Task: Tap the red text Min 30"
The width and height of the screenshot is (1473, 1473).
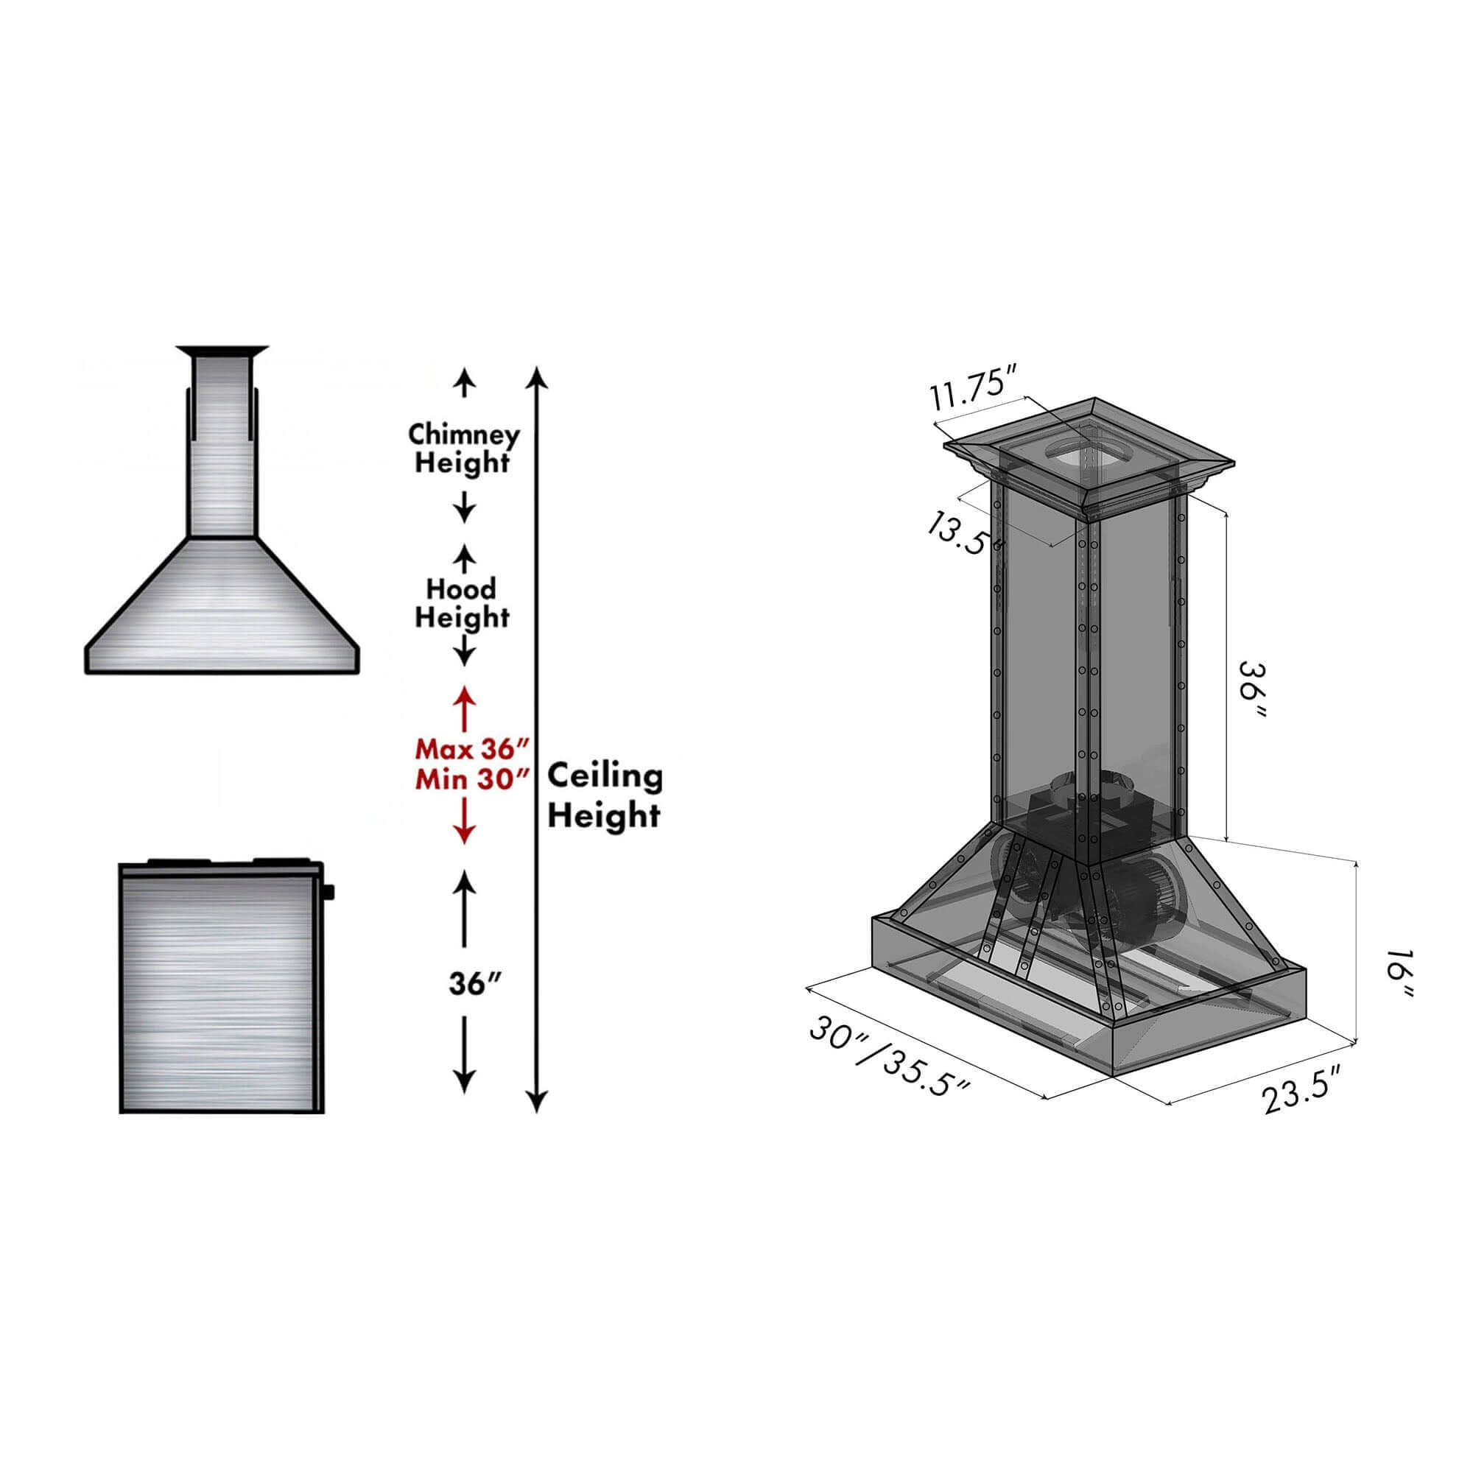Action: point(471,779)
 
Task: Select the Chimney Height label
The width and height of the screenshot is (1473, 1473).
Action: point(463,449)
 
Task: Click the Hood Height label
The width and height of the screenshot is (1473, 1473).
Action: point(461,602)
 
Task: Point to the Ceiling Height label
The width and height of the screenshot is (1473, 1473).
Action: point(605,795)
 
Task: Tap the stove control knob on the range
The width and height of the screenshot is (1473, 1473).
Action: point(330,890)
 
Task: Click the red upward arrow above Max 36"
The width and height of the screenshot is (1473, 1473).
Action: point(464,697)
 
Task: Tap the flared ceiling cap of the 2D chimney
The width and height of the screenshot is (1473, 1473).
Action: point(222,351)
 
